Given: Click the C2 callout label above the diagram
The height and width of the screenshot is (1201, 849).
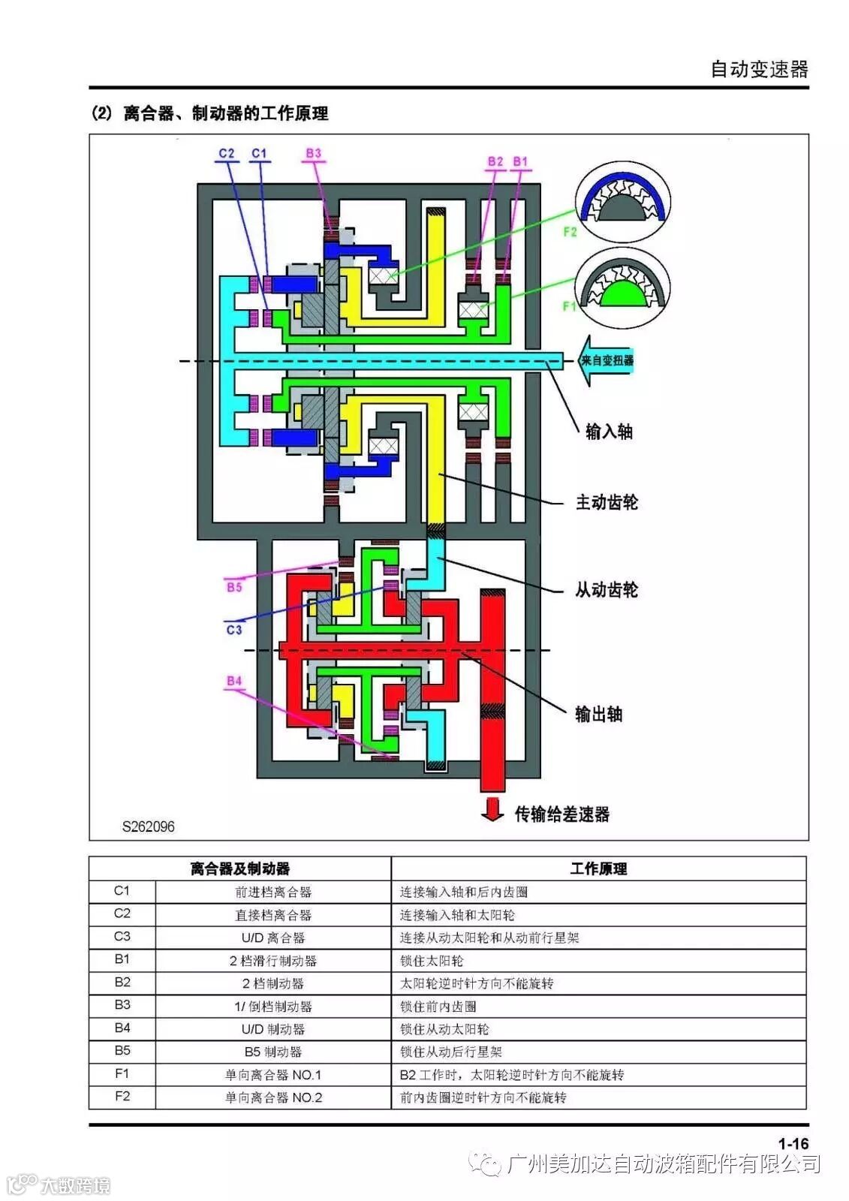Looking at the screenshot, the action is (x=227, y=153).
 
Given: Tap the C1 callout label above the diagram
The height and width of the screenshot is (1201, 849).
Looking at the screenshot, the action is (x=259, y=153).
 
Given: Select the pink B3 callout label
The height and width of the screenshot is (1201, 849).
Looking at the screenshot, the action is (x=313, y=153).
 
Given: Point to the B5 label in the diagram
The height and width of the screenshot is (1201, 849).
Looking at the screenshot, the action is (x=234, y=587).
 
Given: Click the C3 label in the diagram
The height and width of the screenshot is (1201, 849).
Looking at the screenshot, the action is (x=234, y=629).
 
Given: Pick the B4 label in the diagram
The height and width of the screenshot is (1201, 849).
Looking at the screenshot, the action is (x=234, y=681).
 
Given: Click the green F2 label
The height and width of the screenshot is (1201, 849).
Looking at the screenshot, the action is (x=570, y=232).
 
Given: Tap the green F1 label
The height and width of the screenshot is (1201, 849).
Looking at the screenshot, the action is (x=570, y=306).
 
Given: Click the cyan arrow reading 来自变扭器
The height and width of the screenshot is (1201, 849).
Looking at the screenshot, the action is (x=607, y=360).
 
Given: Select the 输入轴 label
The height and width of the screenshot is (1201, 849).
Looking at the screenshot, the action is (x=609, y=432).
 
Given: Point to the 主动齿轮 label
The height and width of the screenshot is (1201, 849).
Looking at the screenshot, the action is (x=607, y=502).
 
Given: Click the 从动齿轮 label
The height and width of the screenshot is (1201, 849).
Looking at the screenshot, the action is (x=607, y=590).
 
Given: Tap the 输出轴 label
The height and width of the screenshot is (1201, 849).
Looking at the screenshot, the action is (x=598, y=714).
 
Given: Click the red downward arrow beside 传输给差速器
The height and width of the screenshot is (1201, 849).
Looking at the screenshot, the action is (x=492, y=809).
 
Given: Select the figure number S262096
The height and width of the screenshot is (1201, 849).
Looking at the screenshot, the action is (x=149, y=826).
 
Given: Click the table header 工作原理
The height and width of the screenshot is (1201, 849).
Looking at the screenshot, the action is (x=598, y=868).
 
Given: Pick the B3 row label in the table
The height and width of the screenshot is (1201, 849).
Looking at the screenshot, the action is (x=122, y=1004).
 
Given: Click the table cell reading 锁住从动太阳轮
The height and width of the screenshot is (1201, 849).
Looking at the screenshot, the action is (x=444, y=1029).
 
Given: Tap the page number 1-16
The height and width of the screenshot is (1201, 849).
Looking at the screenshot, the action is (x=793, y=1143).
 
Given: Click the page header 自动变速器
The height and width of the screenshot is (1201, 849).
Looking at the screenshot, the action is (x=759, y=70).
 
